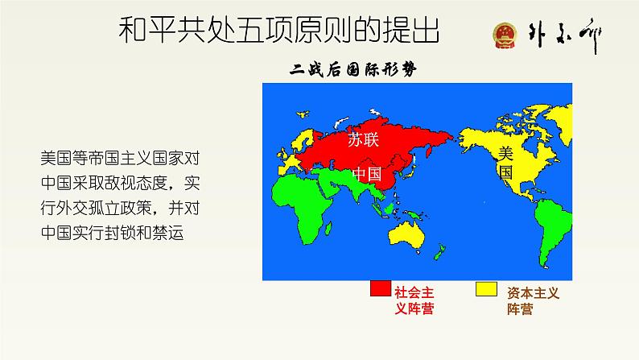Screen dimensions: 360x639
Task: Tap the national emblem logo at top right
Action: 505,37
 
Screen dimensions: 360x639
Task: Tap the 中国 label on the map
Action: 368,175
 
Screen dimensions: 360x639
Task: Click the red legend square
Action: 380,289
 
